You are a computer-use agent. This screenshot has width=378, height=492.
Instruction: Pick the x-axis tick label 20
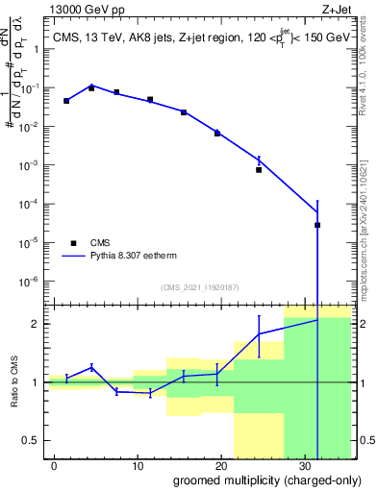223,464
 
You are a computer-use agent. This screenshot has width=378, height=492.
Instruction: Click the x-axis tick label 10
139,464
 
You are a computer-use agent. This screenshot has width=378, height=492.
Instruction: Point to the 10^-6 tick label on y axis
33,282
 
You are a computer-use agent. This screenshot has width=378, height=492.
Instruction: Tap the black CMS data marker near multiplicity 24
259,170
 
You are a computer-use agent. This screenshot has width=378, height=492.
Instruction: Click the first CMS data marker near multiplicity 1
66,101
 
